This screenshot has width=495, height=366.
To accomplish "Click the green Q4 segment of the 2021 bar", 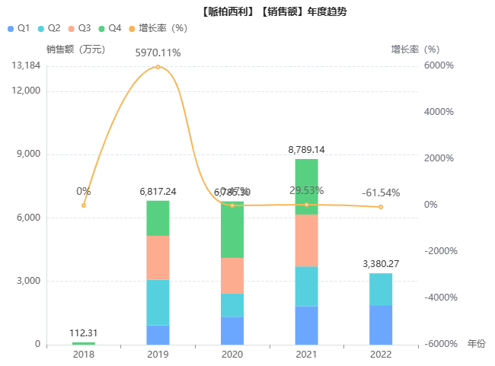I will click(x=306, y=186).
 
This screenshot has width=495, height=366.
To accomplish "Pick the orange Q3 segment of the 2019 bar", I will click(x=158, y=257).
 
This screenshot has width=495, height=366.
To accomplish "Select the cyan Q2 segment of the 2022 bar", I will click(x=381, y=289).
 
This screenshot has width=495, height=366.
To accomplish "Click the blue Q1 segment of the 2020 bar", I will click(x=232, y=330).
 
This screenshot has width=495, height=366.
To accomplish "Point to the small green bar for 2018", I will click(x=84, y=343).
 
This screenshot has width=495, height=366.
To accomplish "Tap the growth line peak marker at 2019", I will click(x=158, y=67).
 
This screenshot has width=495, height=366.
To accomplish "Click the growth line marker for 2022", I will click(x=381, y=207).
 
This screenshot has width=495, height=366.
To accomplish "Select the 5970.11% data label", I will click(x=158, y=53).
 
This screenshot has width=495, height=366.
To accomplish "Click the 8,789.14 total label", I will click(x=306, y=150).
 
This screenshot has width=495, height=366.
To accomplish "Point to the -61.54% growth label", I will click(x=381, y=193).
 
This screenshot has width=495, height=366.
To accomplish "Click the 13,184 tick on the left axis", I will click(x=27, y=66).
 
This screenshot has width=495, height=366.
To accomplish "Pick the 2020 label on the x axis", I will click(x=232, y=355).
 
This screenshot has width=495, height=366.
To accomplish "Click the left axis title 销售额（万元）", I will click(x=75, y=49).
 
